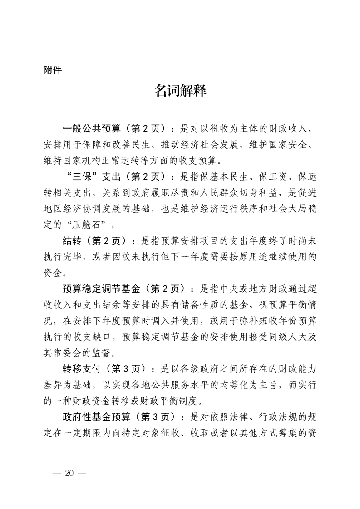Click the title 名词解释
[180, 91]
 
